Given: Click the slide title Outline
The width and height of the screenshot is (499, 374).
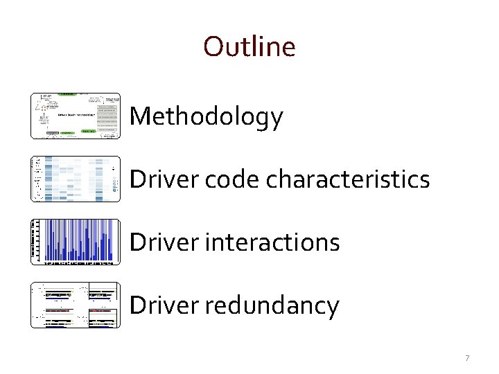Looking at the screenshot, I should tap(249, 46).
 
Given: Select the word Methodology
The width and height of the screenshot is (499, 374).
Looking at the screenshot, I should tap(206, 116).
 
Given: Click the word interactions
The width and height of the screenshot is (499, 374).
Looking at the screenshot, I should tap(270, 242).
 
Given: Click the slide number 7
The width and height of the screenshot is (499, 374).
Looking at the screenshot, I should tap(467, 358).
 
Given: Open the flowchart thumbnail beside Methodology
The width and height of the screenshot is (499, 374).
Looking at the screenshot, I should tap(76, 116).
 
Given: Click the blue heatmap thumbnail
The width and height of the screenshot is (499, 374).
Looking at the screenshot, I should tap(76, 179).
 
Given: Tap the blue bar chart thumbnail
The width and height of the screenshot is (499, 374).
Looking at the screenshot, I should tap(76, 242).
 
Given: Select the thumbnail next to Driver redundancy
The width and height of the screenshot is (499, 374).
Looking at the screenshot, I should tap(76, 305).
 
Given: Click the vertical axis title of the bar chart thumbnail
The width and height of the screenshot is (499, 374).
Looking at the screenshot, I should tap(34, 242).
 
